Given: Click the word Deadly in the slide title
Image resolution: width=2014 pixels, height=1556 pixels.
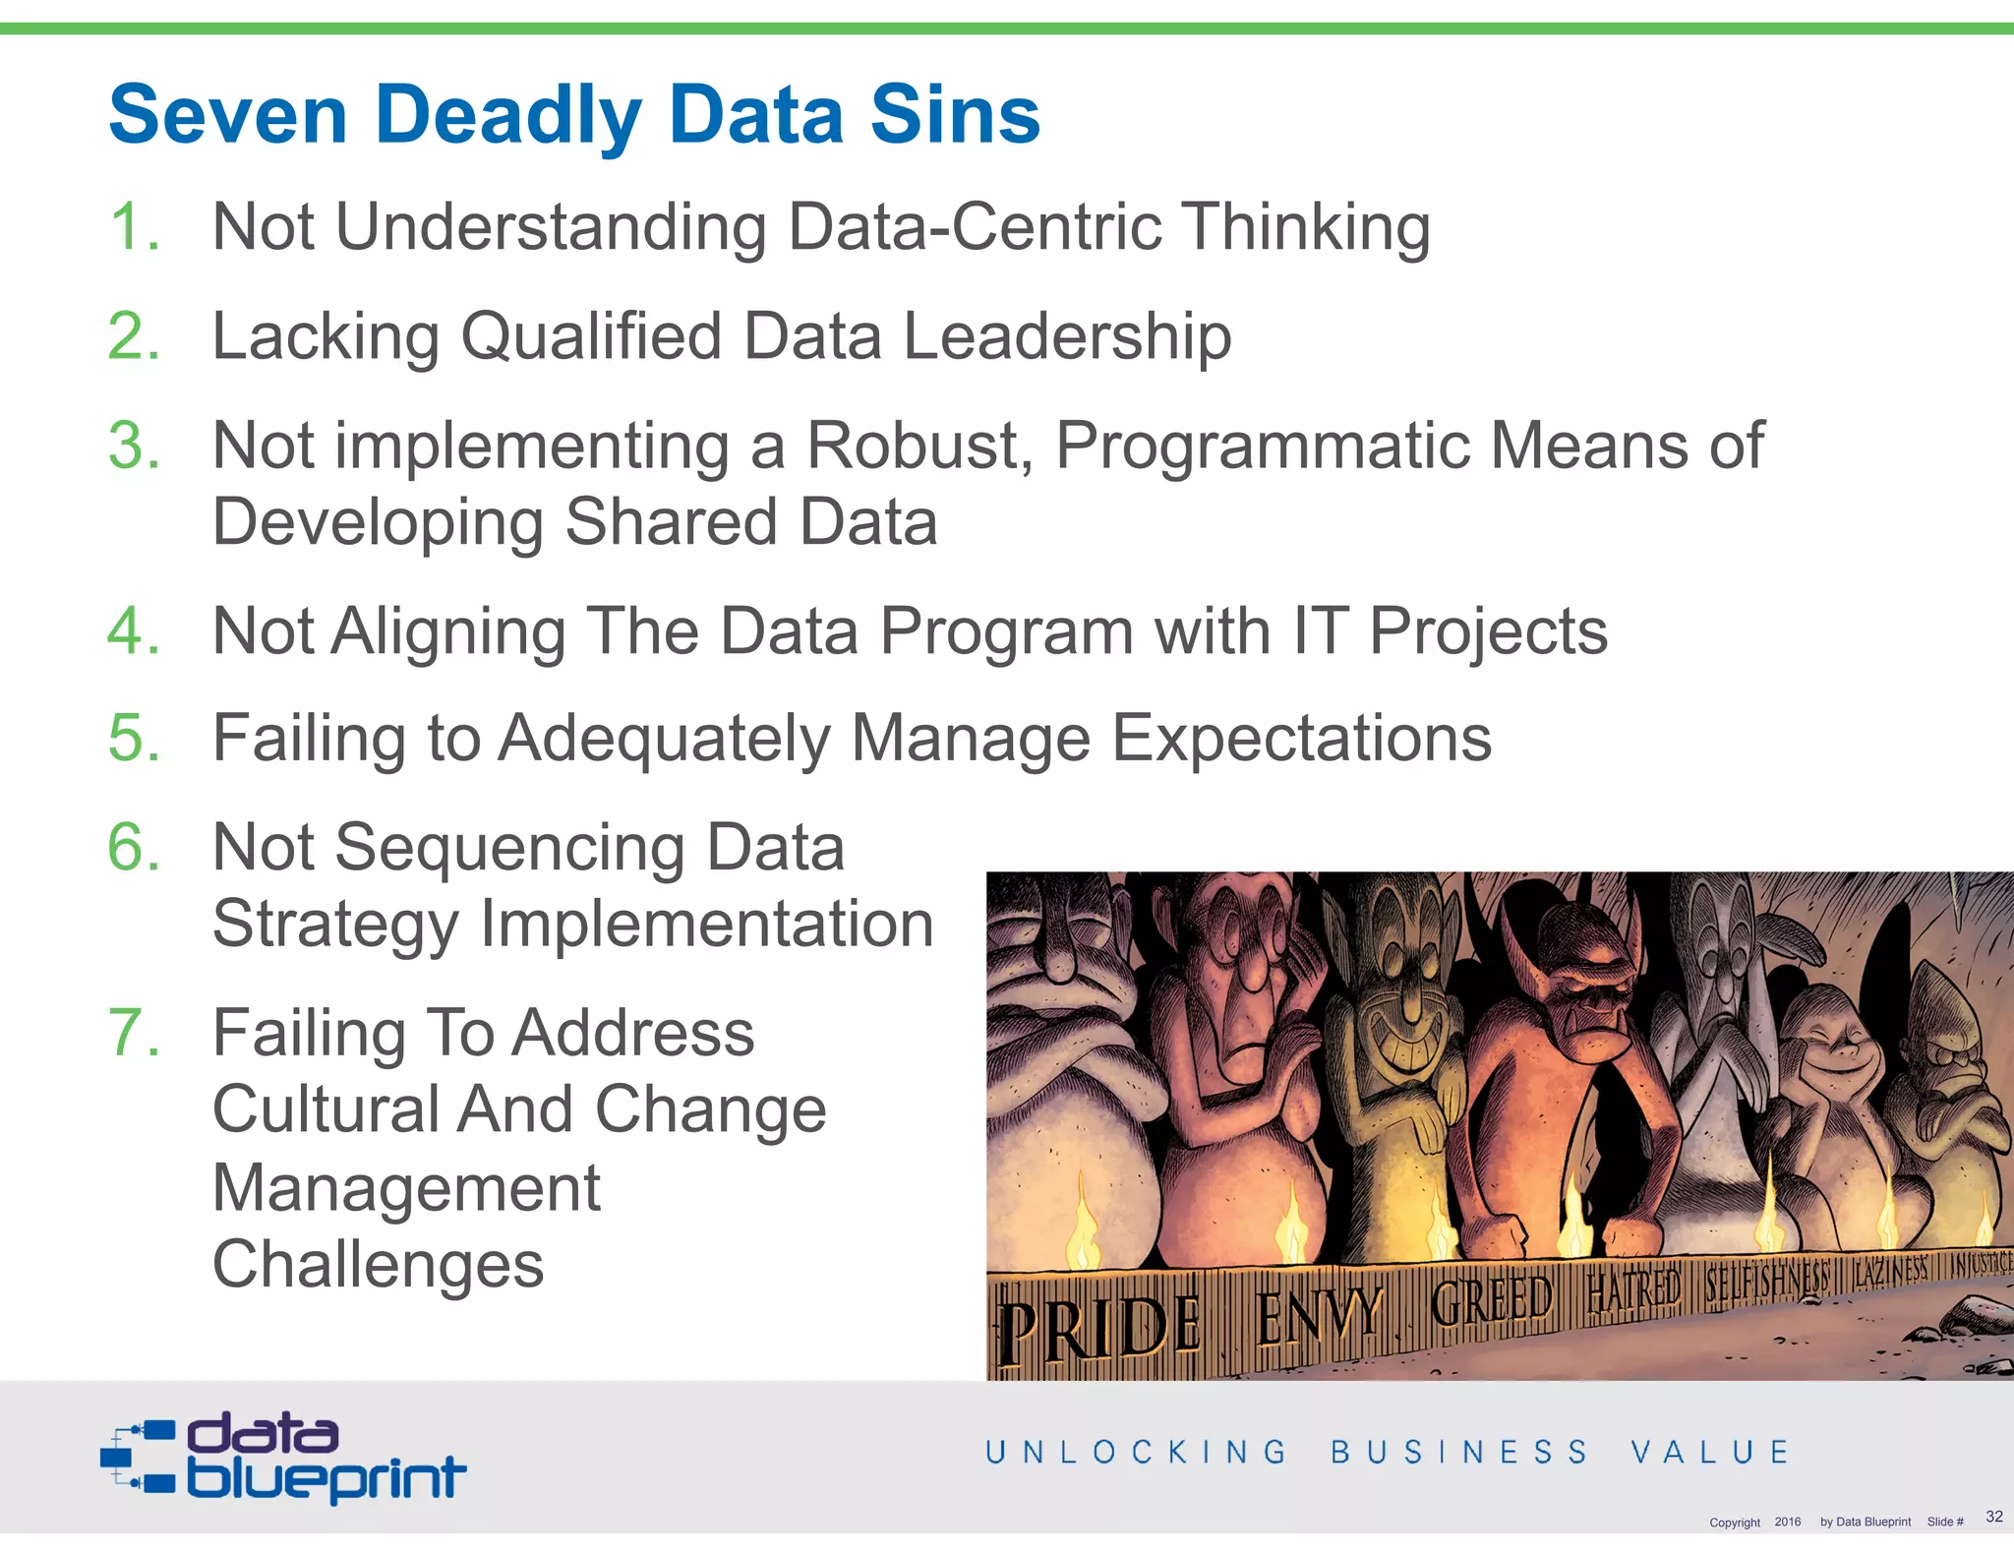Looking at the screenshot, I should [x=507, y=116].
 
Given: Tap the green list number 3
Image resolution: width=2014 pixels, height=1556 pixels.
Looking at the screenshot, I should [x=133, y=446].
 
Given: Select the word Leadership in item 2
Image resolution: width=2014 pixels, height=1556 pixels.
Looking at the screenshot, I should [x=1066, y=337].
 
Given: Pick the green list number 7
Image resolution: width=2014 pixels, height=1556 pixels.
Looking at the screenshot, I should [x=133, y=1033].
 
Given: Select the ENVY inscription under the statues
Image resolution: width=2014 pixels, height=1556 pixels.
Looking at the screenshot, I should [x=1318, y=1315].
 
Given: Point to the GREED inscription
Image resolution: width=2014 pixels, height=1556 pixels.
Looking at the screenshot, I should [x=1491, y=1300].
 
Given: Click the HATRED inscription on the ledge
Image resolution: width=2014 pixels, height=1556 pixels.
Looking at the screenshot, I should [x=1633, y=1289].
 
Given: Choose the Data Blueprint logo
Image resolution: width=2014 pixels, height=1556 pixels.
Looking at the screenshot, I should [x=283, y=1458].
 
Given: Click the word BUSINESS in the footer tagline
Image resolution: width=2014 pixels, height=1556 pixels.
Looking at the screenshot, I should [x=1459, y=1453].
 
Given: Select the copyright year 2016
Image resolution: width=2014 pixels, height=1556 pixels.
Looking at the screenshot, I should [x=1788, y=1522].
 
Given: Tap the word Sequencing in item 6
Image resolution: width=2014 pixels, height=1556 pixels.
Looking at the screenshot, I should [x=510, y=849].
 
